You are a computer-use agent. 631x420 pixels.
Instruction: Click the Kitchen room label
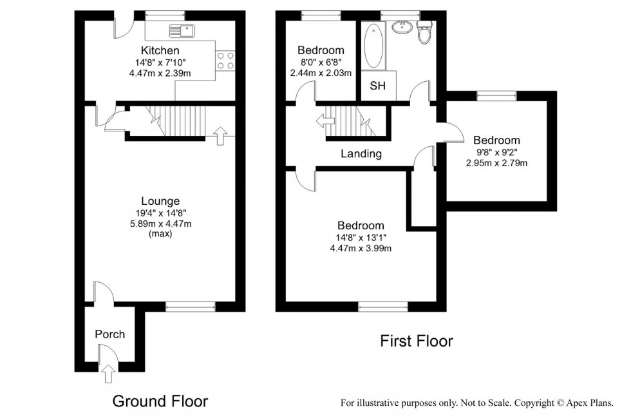[x=160, y=50]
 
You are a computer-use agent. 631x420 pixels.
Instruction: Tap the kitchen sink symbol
[x=180, y=30]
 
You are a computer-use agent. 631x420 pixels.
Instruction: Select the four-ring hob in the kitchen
[x=225, y=61]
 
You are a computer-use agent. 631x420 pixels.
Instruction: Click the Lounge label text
[x=160, y=201]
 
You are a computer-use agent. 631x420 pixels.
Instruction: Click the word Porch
[x=109, y=334]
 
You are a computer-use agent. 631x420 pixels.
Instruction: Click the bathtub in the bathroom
[x=373, y=46]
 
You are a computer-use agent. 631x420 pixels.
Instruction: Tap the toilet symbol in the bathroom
[x=424, y=33]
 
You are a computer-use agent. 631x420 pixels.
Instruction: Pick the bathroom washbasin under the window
[x=404, y=26]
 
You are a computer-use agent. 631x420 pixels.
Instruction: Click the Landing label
[x=361, y=154]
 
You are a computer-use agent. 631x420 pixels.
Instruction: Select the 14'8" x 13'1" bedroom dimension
[x=361, y=237]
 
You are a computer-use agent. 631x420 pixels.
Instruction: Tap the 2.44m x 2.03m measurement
[x=321, y=72]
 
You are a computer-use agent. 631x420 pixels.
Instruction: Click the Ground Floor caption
[x=160, y=401]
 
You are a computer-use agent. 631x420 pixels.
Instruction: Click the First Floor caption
[x=416, y=341]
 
